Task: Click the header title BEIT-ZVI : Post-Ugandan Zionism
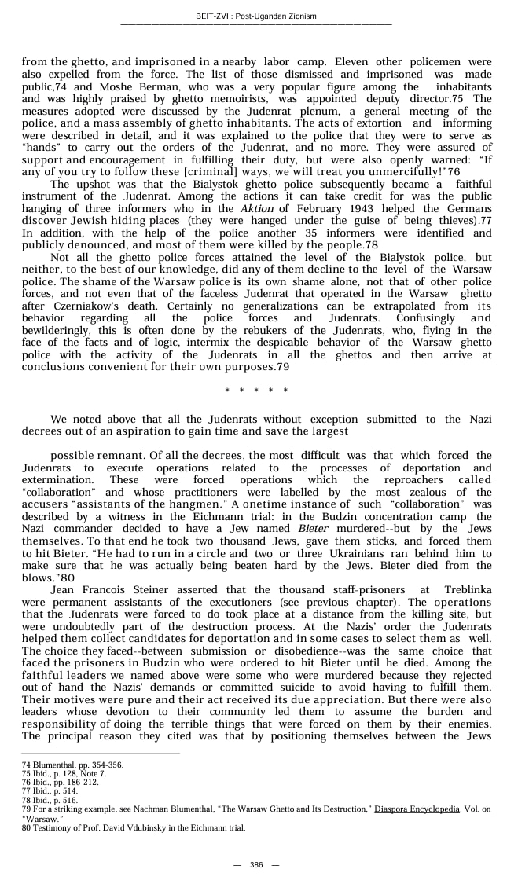click(256, 16)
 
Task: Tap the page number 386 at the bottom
click(256, 864)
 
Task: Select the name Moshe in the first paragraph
click(112, 86)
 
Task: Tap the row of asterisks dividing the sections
click(256, 390)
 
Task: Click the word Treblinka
click(468, 588)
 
